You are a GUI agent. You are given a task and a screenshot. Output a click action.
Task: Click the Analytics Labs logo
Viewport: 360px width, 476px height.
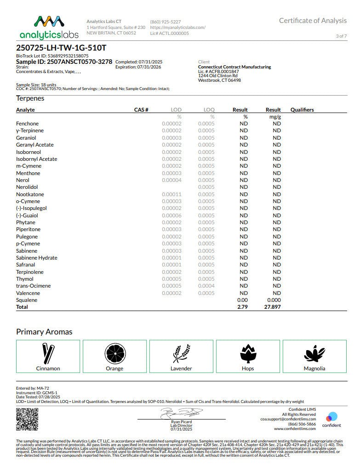pos(49,28)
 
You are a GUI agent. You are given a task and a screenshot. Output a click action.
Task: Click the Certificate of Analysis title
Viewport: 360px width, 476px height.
pos(313,21)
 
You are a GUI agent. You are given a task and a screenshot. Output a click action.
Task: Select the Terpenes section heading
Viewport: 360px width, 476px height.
pos(30,98)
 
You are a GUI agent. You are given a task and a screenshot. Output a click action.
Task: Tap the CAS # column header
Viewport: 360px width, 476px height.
pos(141,110)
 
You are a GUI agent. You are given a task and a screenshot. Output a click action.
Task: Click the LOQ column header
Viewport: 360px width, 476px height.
pos(209,110)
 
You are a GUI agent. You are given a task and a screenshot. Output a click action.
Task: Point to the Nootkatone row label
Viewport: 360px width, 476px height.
pos(30,194)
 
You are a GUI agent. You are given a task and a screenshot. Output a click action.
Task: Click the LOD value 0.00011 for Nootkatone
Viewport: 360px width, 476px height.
pos(171,194)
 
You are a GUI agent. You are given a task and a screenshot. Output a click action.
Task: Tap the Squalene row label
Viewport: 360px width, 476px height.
pos(27,300)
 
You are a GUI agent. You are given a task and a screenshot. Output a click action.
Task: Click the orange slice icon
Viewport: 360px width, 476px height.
pos(114,353)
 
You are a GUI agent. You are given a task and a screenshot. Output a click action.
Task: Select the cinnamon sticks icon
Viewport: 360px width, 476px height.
pos(48,353)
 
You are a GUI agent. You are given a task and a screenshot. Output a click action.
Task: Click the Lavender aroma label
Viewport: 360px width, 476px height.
pos(181,368)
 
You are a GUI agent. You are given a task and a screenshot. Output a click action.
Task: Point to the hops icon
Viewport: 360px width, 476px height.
pos(248,353)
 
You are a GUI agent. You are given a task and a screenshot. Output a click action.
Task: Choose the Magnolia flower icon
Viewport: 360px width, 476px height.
pos(314,353)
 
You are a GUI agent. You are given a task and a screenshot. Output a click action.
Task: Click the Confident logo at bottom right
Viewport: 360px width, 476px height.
pos(331,419)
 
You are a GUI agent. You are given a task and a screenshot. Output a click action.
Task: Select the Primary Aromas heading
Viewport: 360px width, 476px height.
pos(44,332)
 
